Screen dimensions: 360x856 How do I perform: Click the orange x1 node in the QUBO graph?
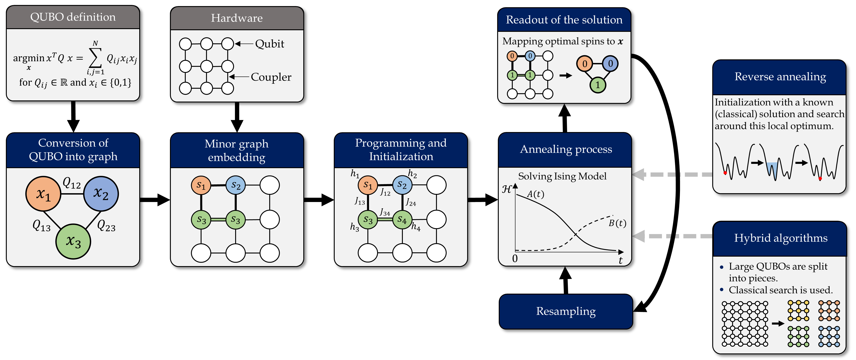43,194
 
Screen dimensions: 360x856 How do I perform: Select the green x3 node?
73,241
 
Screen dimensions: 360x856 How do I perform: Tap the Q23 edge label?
106,226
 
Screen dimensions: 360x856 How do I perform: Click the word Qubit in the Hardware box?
269,44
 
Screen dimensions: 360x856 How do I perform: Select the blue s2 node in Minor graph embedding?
236,185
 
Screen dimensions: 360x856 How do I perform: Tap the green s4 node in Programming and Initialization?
402,219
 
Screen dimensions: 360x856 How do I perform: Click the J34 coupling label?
385,212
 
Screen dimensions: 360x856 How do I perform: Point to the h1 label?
355,174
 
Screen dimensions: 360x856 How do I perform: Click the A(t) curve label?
535,194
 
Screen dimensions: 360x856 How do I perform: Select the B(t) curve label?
617,223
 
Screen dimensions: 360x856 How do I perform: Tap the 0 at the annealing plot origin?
515,258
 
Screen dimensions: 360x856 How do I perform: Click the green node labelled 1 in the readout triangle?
597,85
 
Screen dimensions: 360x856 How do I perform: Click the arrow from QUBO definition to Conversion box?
73,116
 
